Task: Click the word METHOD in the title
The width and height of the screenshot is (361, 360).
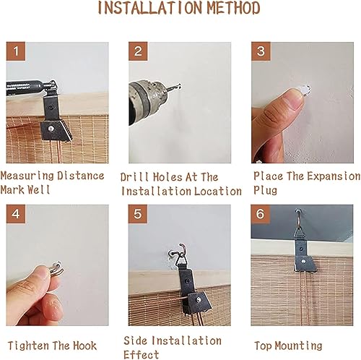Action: point(233,8)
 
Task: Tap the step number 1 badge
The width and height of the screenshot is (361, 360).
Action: point(16,51)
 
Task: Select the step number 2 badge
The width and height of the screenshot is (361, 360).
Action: point(138,51)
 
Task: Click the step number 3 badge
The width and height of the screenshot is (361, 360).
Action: point(261,51)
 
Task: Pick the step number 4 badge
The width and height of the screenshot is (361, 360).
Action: point(16,214)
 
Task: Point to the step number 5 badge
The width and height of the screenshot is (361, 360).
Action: point(138,214)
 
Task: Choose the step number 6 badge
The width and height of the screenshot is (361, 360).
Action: point(261,214)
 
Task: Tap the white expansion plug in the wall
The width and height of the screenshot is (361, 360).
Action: point(305,90)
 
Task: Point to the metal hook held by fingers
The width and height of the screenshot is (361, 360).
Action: point(57,269)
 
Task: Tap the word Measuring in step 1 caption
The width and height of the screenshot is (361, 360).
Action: point(27,176)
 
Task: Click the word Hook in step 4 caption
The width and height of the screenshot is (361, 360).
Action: point(84,346)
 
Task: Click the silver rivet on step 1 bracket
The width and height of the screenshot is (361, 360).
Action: point(51,129)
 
